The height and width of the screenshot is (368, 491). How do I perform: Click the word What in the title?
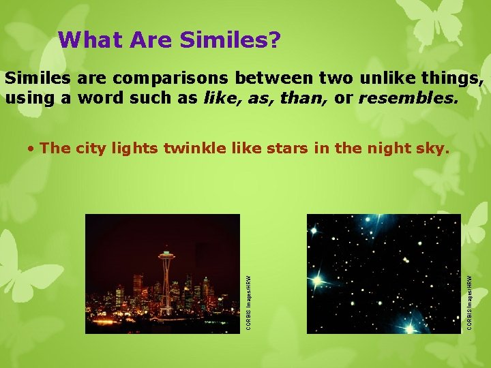tap(87, 40)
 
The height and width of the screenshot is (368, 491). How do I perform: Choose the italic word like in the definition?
tap(217, 98)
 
